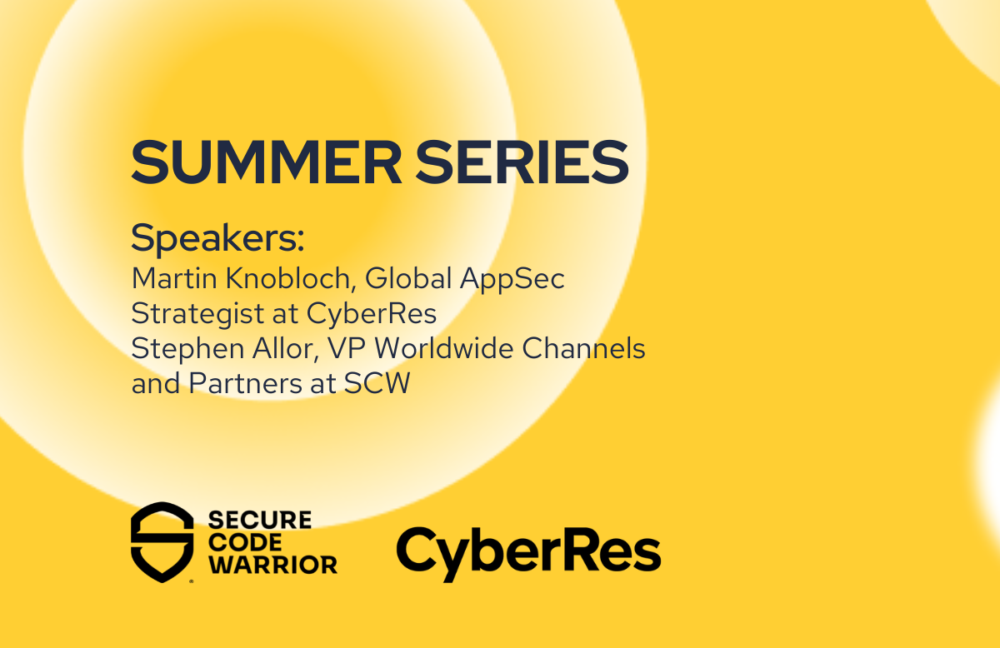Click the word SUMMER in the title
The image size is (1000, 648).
267,162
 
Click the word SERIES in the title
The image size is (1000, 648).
522,162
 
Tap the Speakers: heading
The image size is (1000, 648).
217,239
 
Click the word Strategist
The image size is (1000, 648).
197,314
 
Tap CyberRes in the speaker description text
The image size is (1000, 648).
372,313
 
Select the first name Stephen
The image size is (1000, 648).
187,349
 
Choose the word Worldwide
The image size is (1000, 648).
444,348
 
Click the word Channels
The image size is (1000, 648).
584,348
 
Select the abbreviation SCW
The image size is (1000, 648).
377,384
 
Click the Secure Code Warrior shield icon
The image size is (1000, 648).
162,542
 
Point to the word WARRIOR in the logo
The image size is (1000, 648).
273,565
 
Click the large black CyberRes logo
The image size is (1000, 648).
529,553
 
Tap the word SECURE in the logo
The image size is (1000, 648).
260,521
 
